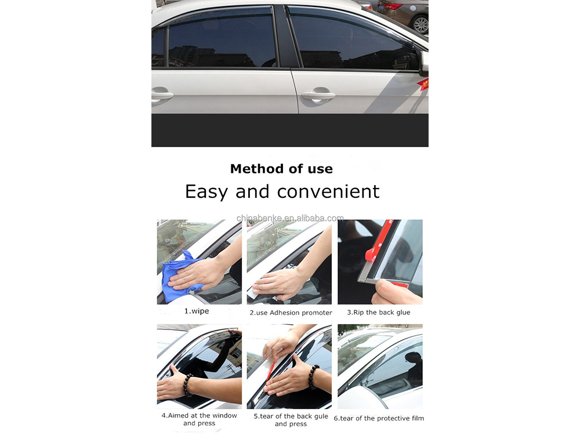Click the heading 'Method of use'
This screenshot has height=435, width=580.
click(281, 169)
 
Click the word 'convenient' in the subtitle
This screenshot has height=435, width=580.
click(328, 191)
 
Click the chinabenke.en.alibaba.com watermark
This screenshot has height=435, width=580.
click(290, 218)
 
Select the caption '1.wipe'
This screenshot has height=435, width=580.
click(197, 311)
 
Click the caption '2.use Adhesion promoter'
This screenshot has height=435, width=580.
click(291, 313)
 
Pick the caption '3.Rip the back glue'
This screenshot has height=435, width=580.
click(378, 312)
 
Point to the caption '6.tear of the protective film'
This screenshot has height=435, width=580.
click(379, 418)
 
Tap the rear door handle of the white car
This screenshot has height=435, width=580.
click(162, 94)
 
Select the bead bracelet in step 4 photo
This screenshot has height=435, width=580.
click(188, 385)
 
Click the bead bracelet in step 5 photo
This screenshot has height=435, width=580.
click(314, 377)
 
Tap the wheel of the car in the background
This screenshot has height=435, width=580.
click(420, 24)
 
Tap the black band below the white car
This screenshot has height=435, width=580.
click(290, 130)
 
